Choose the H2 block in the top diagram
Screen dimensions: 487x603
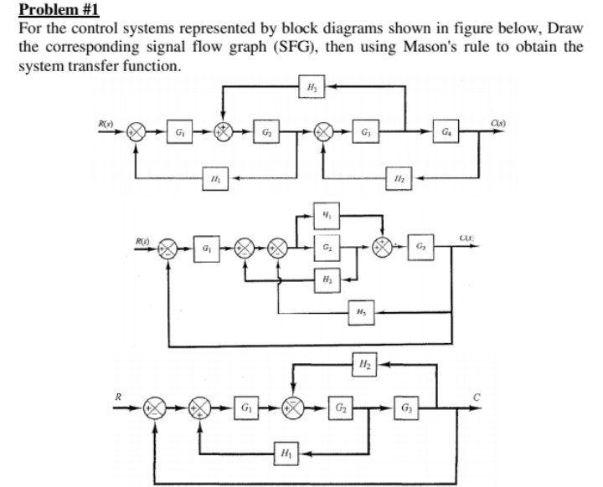click(399, 177)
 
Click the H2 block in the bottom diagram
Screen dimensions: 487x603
click(364, 365)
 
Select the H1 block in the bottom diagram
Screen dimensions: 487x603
click(284, 454)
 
